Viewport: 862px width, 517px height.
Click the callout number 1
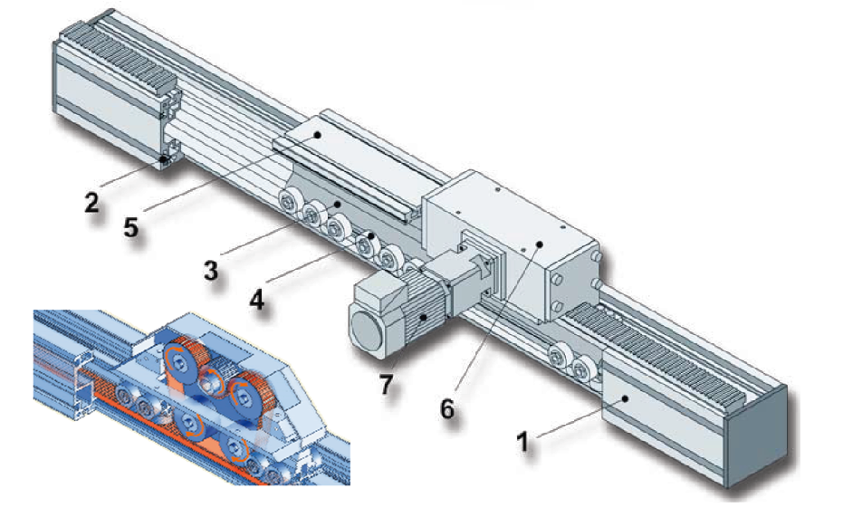(x=524, y=442)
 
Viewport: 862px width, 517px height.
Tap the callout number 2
(x=91, y=202)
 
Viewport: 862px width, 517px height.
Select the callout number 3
(x=211, y=271)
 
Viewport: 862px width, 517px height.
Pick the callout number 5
(x=130, y=226)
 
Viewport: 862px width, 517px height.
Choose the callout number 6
(x=447, y=408)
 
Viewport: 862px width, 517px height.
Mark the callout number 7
(x=387, y=385)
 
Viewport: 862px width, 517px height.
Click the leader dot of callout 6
(x=540, y=244)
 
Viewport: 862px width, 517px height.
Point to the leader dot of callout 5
(x=317, y=134)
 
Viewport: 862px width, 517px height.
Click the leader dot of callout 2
(x=163, y=159)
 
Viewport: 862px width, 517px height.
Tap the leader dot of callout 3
(x=339, y=204)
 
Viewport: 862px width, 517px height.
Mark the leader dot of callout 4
(x=372, y=235)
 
